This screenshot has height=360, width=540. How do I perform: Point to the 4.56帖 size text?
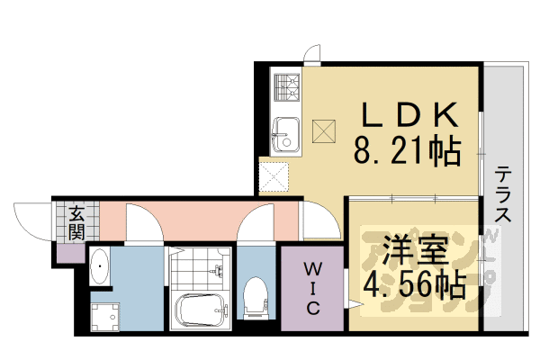413,286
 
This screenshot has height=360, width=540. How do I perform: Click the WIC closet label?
311,288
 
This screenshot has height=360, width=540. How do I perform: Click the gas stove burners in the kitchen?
288,86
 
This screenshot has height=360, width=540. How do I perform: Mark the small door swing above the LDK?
310,55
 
